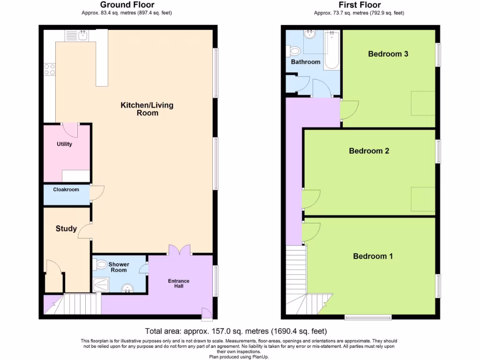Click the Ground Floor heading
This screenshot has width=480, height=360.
point(127,5)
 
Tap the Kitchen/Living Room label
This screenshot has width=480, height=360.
point(147,109)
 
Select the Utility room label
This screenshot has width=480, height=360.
point(64,144)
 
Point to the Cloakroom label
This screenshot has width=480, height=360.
point(66,190)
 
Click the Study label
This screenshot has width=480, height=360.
point(66,229)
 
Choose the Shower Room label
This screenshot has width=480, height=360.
point(119,267)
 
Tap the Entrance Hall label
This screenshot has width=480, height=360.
point(179,284)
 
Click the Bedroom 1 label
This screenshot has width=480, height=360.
point(373,256)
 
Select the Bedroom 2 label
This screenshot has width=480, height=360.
point(369,151)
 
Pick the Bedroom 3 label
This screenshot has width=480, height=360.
point(388,54)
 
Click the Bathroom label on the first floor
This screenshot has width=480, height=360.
point(306,62)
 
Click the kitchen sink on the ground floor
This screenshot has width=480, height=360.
point(77,36)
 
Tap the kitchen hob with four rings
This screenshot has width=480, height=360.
point(50,69)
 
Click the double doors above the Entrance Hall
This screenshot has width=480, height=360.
point(180,250)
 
